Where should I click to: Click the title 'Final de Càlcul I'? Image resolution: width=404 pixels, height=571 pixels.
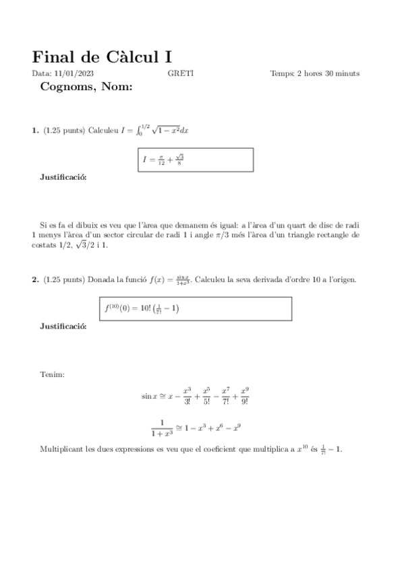[x=106, y=56]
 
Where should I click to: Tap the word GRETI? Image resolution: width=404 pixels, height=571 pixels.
[x=180, y=73]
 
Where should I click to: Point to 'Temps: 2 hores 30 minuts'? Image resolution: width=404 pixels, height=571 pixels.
[x=314, y=73]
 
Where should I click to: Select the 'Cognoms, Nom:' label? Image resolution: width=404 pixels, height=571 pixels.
[x=86, y=86]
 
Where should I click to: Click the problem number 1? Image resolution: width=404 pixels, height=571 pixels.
[x=35, y=131]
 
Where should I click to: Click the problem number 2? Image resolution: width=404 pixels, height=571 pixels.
[x=35, y=279]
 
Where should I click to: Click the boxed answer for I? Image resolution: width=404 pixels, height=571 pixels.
[x=194, y=160]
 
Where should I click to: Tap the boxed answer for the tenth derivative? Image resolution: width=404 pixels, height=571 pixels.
[x=194, y=308]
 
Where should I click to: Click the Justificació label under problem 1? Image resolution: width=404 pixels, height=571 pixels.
[x=63, y=178]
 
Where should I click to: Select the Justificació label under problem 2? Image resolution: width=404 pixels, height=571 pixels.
[x=63, y=326]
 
